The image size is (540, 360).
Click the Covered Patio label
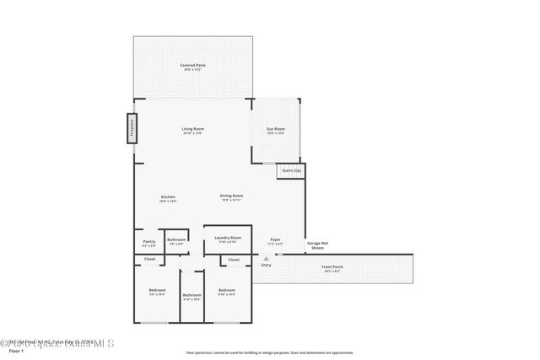pyautogui.click(x=192, y=66)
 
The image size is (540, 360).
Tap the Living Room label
pyautogui.click(x=192, y=131)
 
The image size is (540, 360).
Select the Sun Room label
pyautogui.click(x=276, y=131)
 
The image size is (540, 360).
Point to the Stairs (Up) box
pyautogui.click(x=291, y=170)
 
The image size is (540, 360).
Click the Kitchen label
pyautogui.click(x=168, y=198)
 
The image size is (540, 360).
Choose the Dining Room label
pyautogui.click(x=232, y=197)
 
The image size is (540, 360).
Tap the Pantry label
pyautogui.click(x=148, y=243)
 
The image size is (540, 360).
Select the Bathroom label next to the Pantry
pyautogui.click(x=176, y=242)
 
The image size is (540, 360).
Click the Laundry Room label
pyautogui.click(x=228, y=239)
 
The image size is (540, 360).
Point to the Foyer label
pyautogui.click(x=275, y=241)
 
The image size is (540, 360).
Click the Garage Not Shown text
pyautogui.click(x=317, y=245)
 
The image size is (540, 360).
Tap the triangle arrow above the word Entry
pyautogui.click(x=267, y=258)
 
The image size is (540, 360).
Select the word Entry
pyautogui.click(x=267, y=266)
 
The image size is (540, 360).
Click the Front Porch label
pyautogui.click(x=332, y=269)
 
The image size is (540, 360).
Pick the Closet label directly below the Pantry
pyautogui.click(x=149, y=259)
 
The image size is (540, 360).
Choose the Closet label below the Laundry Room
pyautogui.click(x=234, y=260)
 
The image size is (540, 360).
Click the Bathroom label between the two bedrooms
pyautogui.click(x=192, y=296)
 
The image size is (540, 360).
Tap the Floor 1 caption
pyautogui.click(x=16, y=351)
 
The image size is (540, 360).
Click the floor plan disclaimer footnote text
pyautogui.click(x=270, y=352)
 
